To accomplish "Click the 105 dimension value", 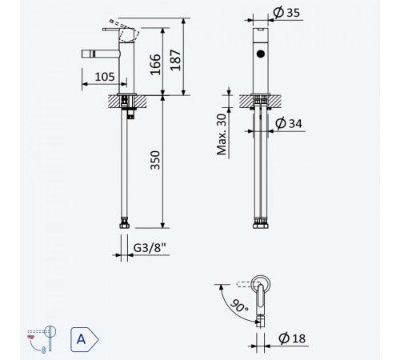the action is click(x=105, y=77).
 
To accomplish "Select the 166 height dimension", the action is click(x=155, y=65).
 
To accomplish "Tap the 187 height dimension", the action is click(x=175, y=60).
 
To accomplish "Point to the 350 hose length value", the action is click(x=155, y=160).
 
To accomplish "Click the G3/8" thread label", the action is click(x=150, y=248).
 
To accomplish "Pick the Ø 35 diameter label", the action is click(x=286, y=13).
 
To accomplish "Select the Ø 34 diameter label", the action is click(x=289, y=123).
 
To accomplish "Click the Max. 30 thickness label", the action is click(x=222, y=134).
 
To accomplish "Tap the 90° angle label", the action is click(x=239, y=306).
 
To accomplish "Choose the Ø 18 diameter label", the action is click(x=292, y=338).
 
